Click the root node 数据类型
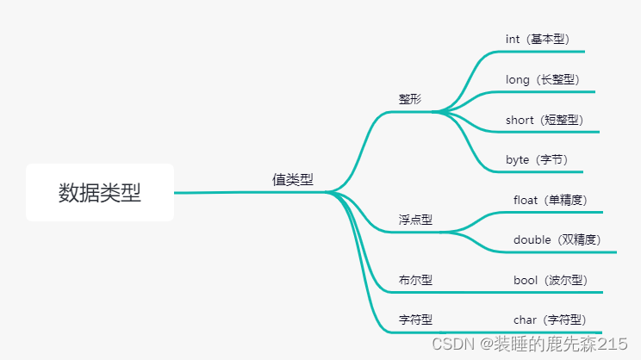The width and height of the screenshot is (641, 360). [x=99, y=193]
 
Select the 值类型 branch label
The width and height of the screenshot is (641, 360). [x=293, y=180]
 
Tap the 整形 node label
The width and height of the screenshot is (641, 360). [x=410, y=99]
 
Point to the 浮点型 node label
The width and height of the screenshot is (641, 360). [x=415, y=220]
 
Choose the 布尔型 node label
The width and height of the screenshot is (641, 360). [x=415, y=280]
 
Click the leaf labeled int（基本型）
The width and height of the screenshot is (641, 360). [x=538, y=39]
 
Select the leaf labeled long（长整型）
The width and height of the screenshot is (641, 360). [x=543, y=79]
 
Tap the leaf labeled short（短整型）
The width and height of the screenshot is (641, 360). [x=545, y=120]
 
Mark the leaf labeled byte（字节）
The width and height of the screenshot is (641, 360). [x=537, y=160]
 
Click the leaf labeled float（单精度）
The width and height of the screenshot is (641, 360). [x=550, y=200]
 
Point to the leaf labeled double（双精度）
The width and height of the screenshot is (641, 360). [x=557, y=239]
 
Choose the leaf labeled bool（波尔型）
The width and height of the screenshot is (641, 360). [x=550, y=280]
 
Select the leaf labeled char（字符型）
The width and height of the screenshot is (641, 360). [x=550, y=320]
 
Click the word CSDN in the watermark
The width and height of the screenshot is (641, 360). [x=448, y=344]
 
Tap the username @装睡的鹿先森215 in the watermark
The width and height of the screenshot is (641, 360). [x=554, y=344]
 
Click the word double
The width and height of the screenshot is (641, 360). [x=532, y=239]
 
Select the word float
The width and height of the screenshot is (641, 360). [x=526, y=200]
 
